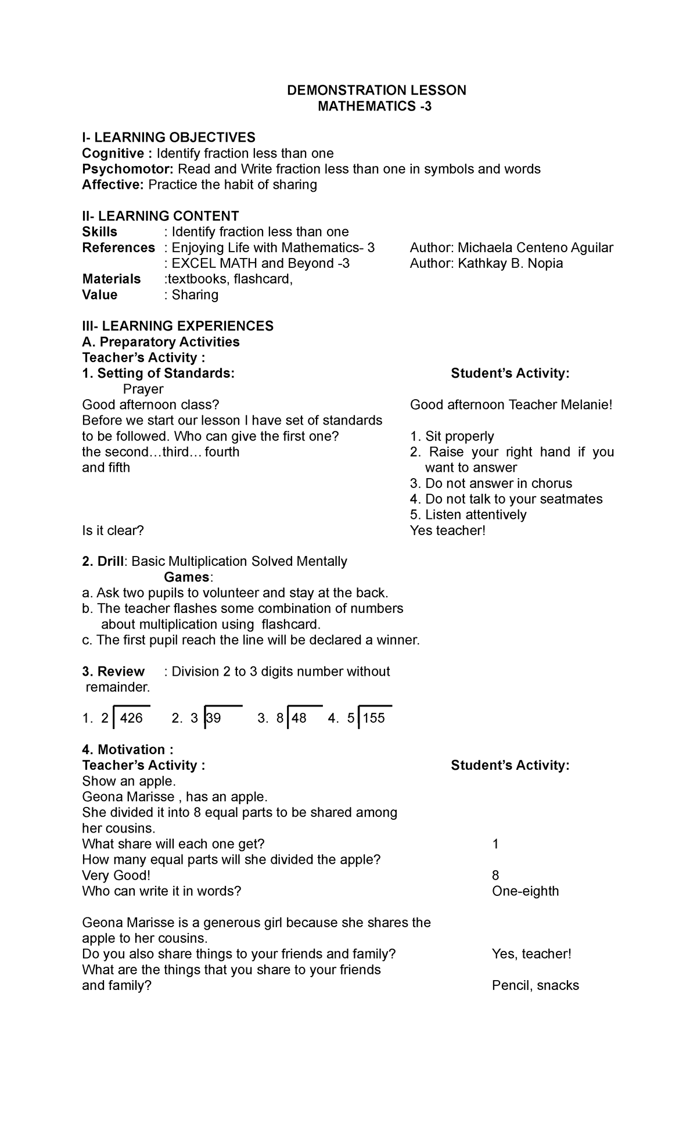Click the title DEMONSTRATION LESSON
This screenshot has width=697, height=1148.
click(377, 90)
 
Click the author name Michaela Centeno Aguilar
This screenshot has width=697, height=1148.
click(535, 247)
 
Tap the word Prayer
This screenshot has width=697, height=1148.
click(143, 389)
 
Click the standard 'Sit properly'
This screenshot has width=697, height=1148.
click(459, 436)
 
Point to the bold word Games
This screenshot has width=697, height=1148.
click(187, 577)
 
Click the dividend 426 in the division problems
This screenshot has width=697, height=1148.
click(131, 718)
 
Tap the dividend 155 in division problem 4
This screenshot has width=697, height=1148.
click(373, 718)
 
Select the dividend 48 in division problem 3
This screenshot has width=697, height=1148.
click(299, 718)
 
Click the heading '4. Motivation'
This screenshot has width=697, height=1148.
click(127, 749)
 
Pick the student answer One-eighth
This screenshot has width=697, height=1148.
click(525, 891)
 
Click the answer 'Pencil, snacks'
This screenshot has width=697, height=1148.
click(535, 985)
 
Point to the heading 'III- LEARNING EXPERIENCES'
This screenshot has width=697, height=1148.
click(178, 326)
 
